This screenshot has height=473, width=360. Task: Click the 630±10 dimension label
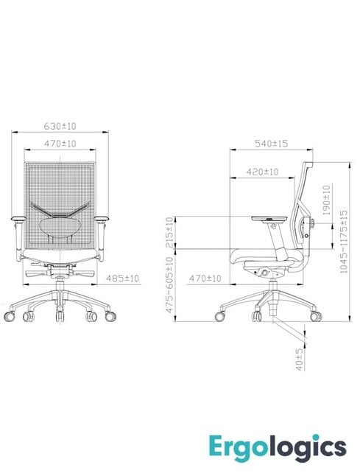pos(62,125)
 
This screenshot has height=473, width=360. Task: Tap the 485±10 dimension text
pos(124,278)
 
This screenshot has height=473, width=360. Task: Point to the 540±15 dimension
pos(271,143)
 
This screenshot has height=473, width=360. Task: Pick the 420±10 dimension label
pos(262,172)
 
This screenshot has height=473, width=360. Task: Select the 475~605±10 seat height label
pos(170,287)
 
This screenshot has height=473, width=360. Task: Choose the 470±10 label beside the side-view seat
pos(206,278)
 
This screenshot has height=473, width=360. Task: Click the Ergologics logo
pos(288,446)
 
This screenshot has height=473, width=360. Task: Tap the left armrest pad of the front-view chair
pos(18,218)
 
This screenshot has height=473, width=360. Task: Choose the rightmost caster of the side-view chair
pos(316,315)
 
